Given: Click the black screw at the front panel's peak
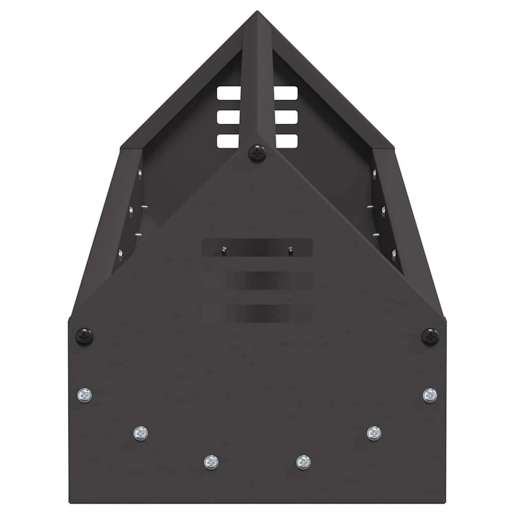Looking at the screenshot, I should click(x=257, y=153).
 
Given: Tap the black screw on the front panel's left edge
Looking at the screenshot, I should click(x=84, y=336).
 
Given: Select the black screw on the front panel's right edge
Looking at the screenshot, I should click(x=431, y=336).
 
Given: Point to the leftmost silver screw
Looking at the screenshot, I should click(x=84, y=395).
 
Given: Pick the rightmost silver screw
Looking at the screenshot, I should click(x=430, y=395).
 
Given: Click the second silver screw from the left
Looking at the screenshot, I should click(x=141, y=433).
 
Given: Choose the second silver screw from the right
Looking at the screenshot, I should click(x=374, y=433).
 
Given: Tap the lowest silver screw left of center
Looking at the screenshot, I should click(x=211, y=462).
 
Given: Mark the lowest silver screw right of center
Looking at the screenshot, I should click(x=303, y=462).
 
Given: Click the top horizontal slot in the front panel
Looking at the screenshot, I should click(x=257, y=247).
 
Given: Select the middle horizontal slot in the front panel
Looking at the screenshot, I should click(x=257, y=281).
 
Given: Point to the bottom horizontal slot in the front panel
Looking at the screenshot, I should click(x=257, y=313).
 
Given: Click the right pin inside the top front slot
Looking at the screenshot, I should click(x=290, y=249).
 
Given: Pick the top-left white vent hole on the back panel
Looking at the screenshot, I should click(x=229, y=93).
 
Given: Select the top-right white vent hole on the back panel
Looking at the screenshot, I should click(x=286, y=93).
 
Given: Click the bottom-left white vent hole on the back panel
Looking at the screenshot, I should click(x=228, y=141).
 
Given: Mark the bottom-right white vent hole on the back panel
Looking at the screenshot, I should click(x=286, y=141).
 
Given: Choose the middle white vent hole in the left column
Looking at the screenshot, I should click(x=229, y=117).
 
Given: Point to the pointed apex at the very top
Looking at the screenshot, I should click(x=257, y=12).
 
